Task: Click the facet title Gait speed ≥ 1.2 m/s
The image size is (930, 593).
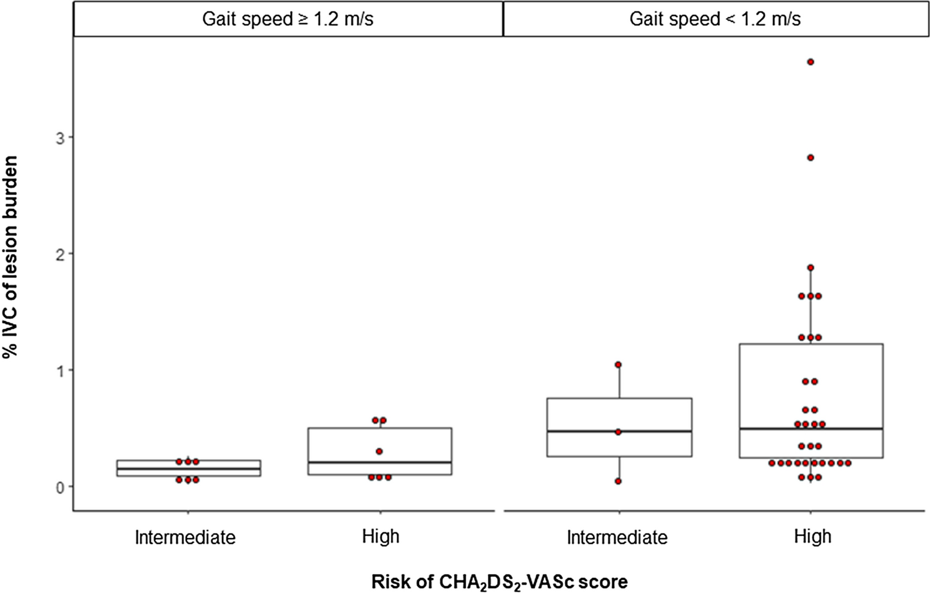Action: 288,19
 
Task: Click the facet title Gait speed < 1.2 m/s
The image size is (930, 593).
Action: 715,19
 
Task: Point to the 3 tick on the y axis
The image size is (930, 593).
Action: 61,138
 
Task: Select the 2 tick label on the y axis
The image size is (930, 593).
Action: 61,254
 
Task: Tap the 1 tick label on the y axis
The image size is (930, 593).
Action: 61,370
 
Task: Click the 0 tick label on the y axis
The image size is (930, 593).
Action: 61,487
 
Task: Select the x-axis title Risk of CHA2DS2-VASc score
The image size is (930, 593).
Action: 499,581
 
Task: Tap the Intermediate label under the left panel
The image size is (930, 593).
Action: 185,537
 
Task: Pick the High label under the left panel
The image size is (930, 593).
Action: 380,536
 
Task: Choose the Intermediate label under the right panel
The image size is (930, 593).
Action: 617,537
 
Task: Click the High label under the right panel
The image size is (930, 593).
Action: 812,536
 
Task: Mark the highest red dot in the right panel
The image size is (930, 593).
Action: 811,62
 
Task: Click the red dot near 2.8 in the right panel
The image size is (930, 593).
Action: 811,158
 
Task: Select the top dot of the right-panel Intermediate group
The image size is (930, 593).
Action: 619,365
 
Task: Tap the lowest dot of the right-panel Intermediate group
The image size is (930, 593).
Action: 619,481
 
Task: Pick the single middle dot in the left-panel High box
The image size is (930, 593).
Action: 379,451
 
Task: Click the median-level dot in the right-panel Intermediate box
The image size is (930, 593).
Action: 619,432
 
